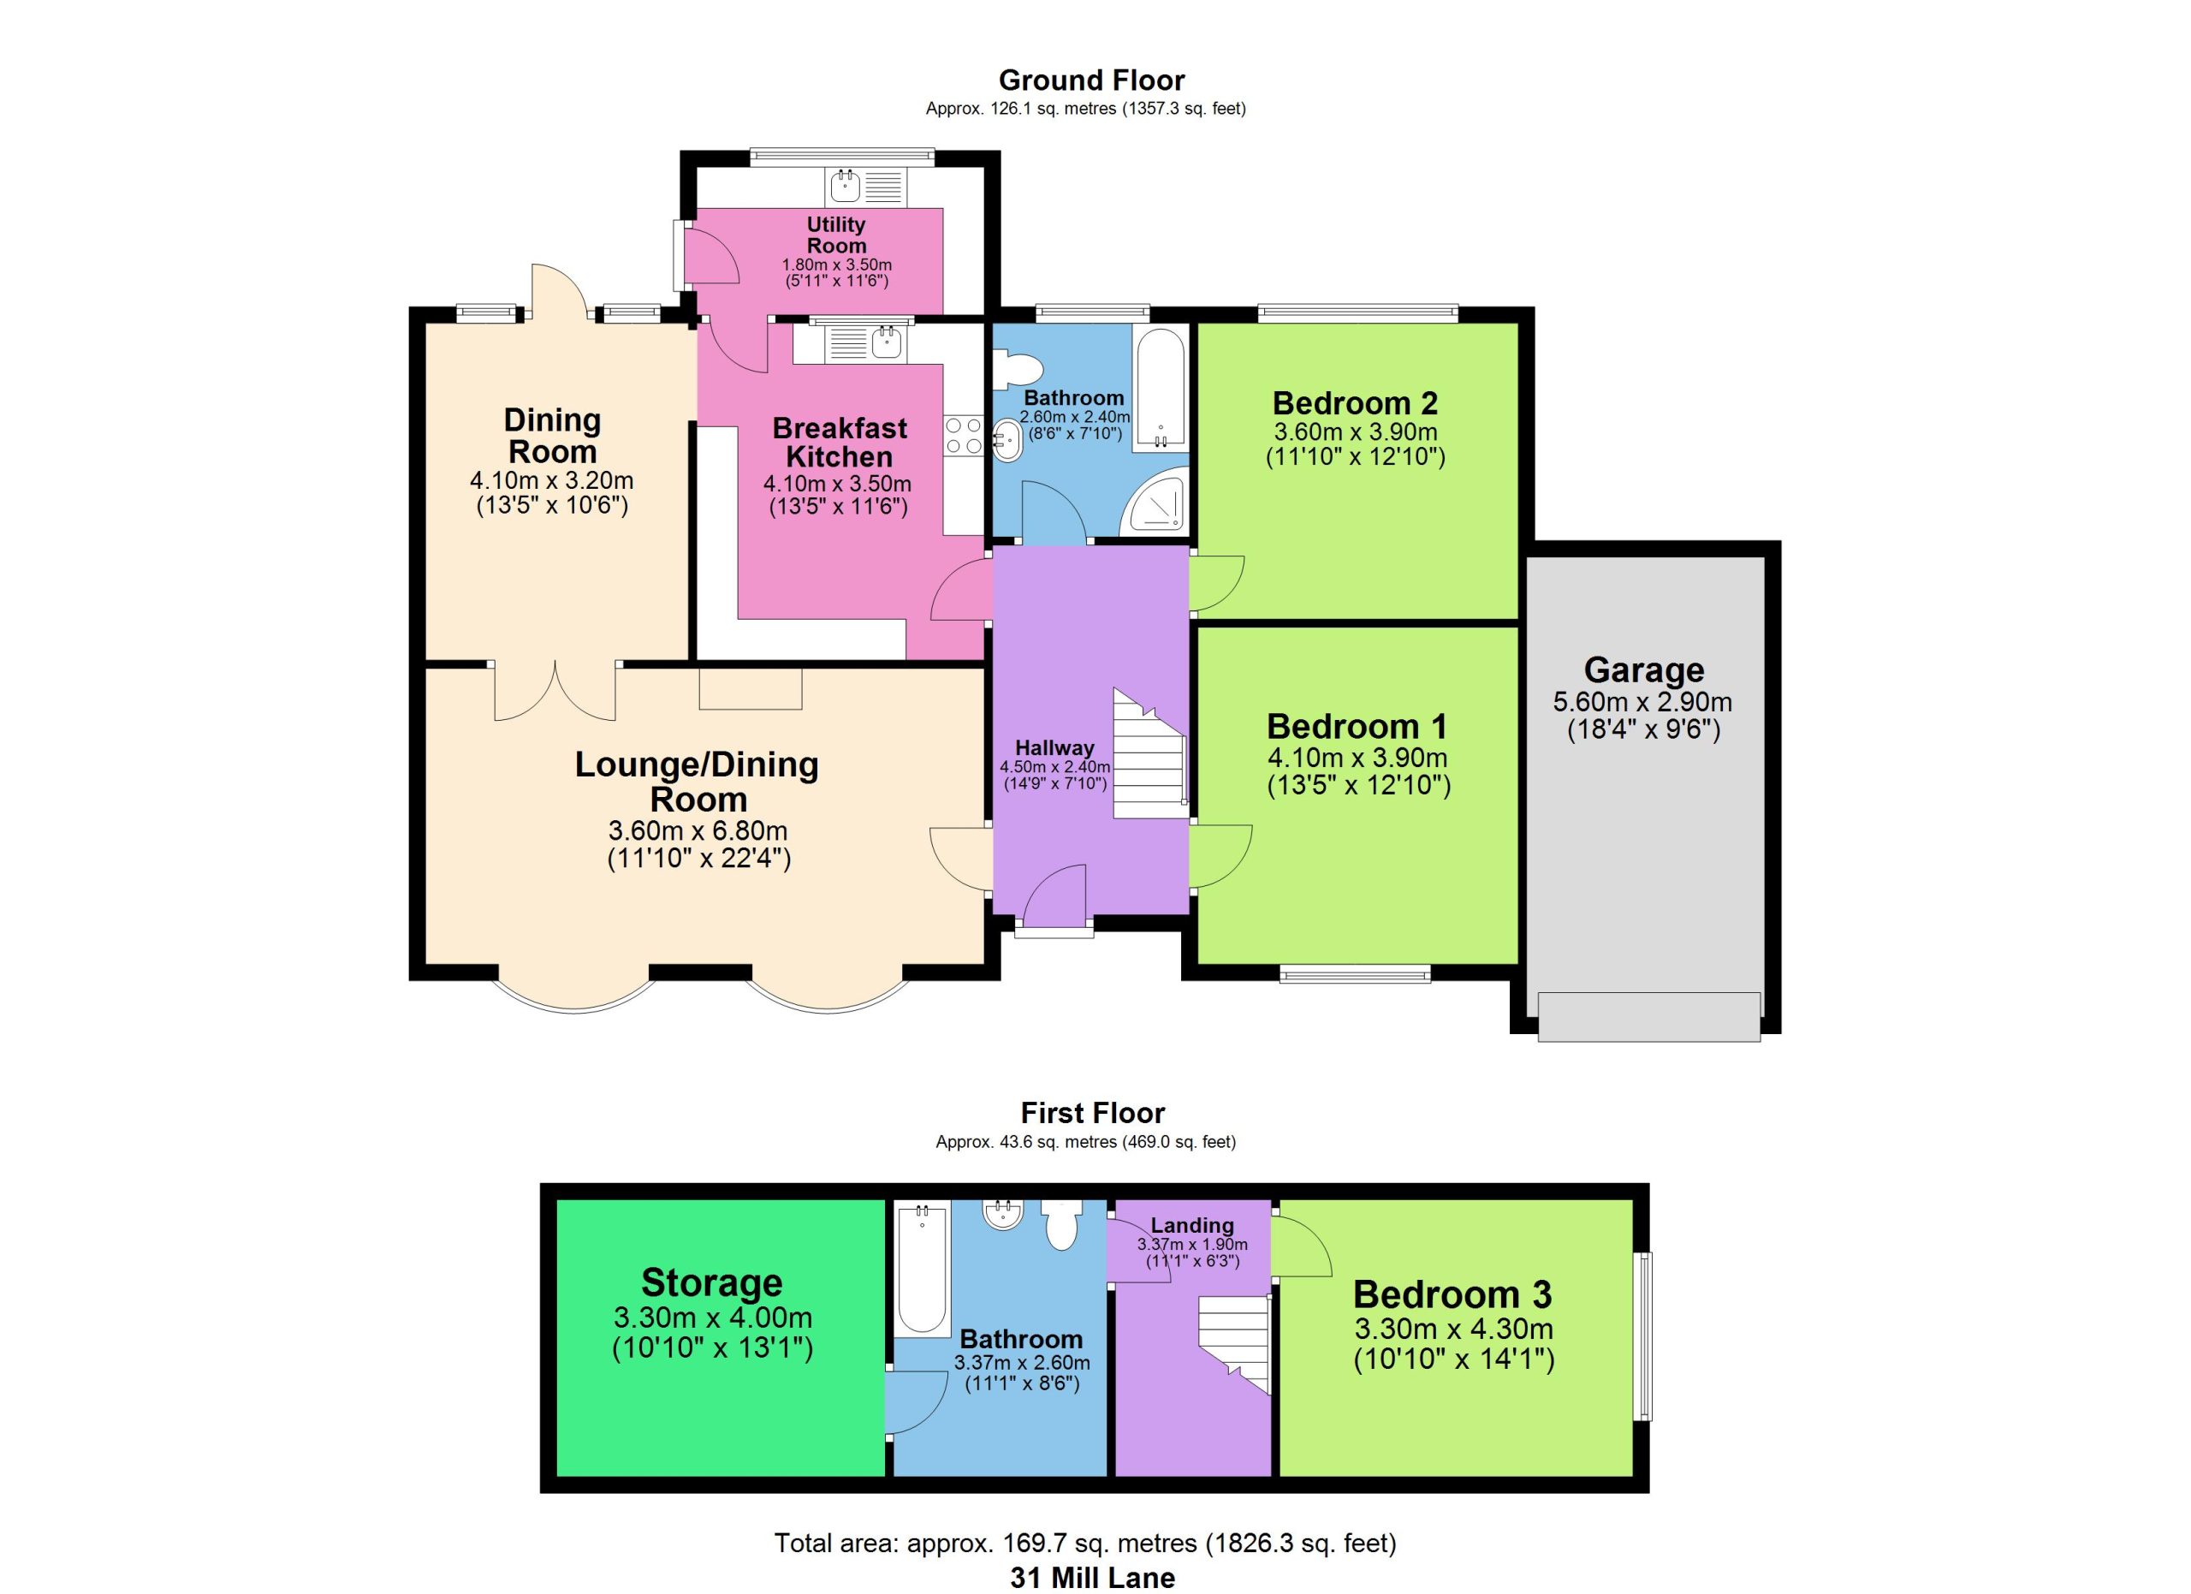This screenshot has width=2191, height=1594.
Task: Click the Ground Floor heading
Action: (x=1091, y=80)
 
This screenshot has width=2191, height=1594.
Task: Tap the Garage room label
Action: (x=1643, y=669)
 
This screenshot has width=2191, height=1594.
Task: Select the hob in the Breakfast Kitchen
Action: (x=963, y=436)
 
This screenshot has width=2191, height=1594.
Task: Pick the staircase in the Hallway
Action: (x=1149, y=753)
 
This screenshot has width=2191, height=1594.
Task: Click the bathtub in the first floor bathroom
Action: (x=922, y=1269)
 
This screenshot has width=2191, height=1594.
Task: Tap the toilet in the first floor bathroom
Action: (x=1061, y=1224)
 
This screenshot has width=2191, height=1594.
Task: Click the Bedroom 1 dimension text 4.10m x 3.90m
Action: (x=1357, y=758)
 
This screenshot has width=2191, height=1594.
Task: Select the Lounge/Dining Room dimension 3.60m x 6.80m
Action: (x=698, y=830)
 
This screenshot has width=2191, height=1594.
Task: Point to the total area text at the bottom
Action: (x=1085, y=1543)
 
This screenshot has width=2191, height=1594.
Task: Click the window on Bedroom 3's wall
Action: (x=1643, y=1336)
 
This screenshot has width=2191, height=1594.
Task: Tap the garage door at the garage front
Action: (x=1649, y=1016)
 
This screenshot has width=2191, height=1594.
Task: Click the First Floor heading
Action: (x=1093, y=1113)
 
